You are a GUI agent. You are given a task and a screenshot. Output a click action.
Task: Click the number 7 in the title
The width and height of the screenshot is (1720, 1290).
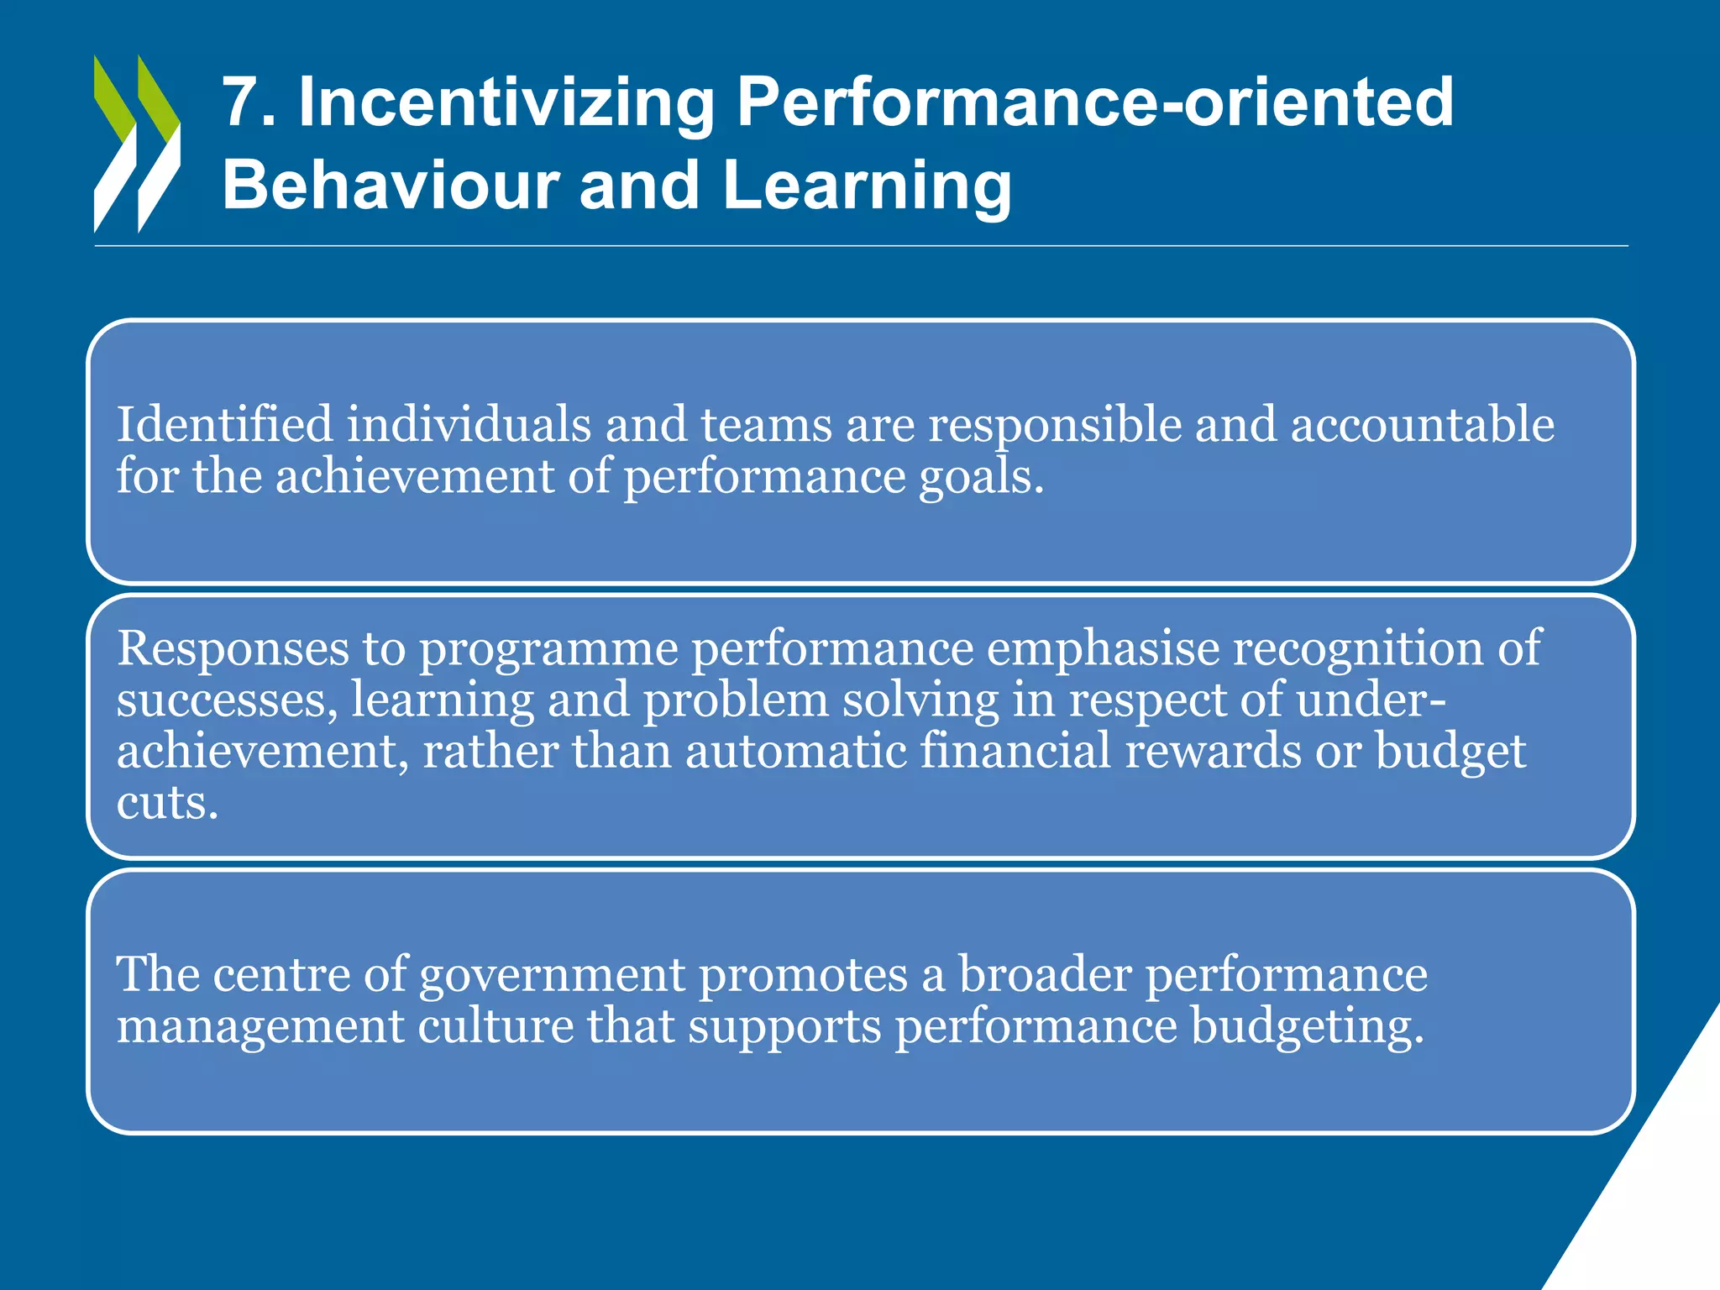click(x=240, y=102)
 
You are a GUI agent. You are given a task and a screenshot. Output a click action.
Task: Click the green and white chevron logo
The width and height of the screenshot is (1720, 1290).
click(x=137, y=144)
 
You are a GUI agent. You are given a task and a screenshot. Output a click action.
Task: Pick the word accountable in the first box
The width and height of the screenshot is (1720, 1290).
click(x=1422, y=424)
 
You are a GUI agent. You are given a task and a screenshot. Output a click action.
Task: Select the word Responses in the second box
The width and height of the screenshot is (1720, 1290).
click(x=233, y=648)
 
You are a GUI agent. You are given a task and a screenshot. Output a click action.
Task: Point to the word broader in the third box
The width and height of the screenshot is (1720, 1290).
click(x=1045, y=974)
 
